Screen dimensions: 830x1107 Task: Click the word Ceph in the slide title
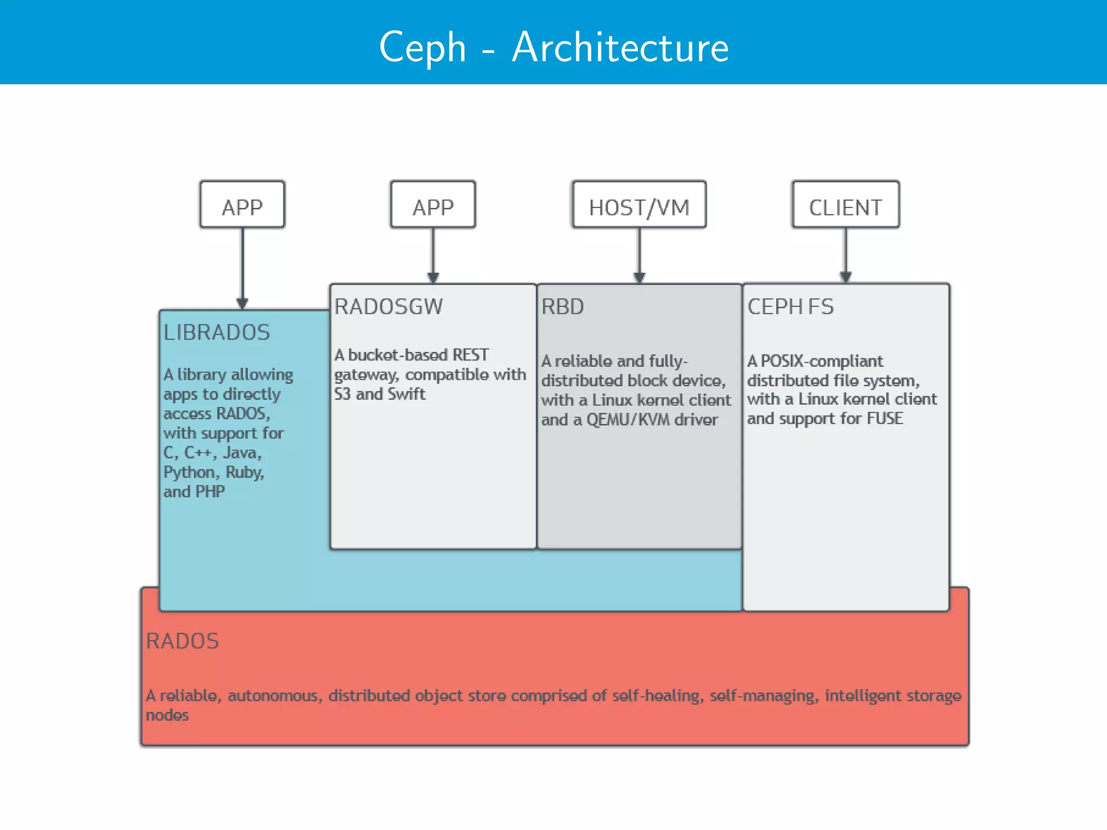tap(422, 48)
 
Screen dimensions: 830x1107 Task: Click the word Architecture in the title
tap(620, 48)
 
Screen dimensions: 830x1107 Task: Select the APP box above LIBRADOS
tap(242, 205)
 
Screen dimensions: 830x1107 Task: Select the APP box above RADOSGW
tap(433, 205)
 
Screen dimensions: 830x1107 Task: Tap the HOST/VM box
tap(639, 205)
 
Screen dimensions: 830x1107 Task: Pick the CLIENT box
tap(845, 205)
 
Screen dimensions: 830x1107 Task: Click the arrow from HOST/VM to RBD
tap(639, 254)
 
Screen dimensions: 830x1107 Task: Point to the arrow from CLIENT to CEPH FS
tap(846, 254)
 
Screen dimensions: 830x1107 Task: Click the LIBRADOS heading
tap(216, 332)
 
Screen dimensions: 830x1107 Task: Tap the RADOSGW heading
tap(388, 306)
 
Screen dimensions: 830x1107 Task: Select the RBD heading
tap(562, 306)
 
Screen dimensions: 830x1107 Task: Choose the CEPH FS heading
tap(790, 306)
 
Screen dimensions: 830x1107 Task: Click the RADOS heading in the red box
tap(182, 641)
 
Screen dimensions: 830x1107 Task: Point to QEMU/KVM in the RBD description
tap(628, 420)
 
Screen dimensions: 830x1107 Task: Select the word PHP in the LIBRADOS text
tap(210, 492)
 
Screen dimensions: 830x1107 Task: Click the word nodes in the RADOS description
tap(167, 715)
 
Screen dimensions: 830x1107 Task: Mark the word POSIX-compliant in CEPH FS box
tap(822, 361)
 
